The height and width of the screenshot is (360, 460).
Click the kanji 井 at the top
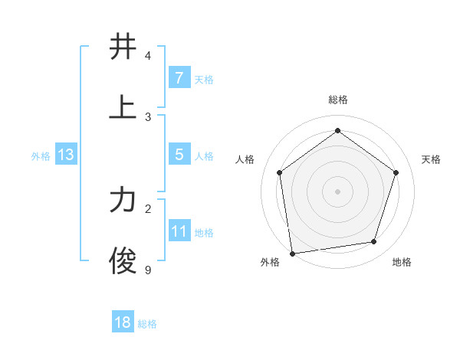(123, 47)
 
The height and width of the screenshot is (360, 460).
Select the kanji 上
(123, 107)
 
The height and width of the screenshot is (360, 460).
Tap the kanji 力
(123, 201)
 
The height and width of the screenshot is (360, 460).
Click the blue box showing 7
(179, 77)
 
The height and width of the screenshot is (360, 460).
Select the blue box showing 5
(179, 155)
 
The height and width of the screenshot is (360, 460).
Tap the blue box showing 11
(179, 231)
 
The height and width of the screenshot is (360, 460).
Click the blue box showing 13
(66, 155)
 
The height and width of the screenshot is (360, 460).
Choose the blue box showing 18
(123, 322)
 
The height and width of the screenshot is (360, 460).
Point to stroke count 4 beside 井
(148, 56)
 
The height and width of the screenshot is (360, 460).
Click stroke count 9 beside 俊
(148, 269)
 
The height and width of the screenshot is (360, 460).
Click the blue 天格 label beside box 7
(204, 79)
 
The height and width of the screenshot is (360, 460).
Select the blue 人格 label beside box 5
(204, 156)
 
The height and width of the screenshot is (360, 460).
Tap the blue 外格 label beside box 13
(41, 156)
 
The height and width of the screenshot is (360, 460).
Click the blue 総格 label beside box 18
(147, 324)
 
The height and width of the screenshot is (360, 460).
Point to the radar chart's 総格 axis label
(337, 100)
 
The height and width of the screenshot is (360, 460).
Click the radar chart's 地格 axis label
(402, 263)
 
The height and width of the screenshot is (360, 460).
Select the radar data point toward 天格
(396, 172)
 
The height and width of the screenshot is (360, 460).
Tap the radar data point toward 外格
(292, 252)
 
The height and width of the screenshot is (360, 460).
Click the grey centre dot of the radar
(337, 191)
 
